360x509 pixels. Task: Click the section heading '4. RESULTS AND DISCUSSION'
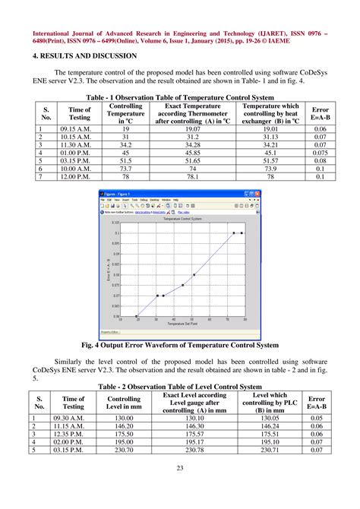tap(85, 56)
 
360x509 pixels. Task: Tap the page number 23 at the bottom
tap(179, 489)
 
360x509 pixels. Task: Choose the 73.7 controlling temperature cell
tap(125, 169)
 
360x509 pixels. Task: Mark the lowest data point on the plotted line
tap(137, 316)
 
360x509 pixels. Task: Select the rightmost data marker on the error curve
tap(242, 233)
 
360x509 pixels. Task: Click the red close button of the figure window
tap(256, 194)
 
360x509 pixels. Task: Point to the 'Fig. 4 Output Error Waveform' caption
tap(179, 343)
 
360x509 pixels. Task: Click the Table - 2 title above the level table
tap(179, 387)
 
